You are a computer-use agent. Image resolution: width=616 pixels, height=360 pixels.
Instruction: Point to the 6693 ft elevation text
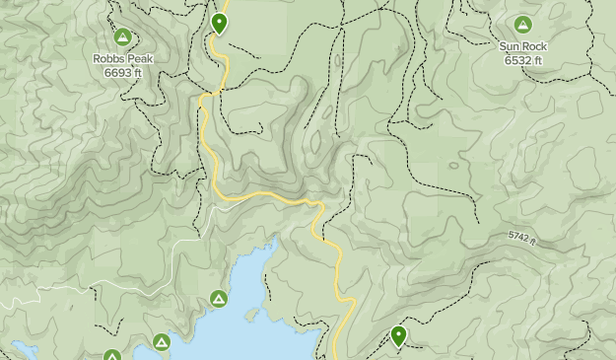click(123, 73)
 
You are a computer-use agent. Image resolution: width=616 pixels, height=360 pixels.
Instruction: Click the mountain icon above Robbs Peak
click(123, 37)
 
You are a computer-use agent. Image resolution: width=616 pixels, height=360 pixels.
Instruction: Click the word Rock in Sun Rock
click(535, 46)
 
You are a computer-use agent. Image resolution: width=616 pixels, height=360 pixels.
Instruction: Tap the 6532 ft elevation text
click(523, 60)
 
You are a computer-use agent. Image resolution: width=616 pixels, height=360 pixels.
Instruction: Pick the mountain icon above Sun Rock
click(522, 25)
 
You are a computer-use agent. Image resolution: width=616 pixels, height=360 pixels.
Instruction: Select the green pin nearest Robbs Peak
click(220, 22)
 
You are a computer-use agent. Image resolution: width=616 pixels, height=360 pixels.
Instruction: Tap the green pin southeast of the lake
click(398, 336)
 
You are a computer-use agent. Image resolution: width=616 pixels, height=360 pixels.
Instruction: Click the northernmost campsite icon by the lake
click(219, 299)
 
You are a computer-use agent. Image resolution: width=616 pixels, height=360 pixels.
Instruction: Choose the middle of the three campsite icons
click(162, 342)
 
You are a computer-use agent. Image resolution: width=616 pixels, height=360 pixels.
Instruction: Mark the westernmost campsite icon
click(112, 356)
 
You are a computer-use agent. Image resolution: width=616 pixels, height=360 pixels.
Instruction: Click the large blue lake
click(266, 316)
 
